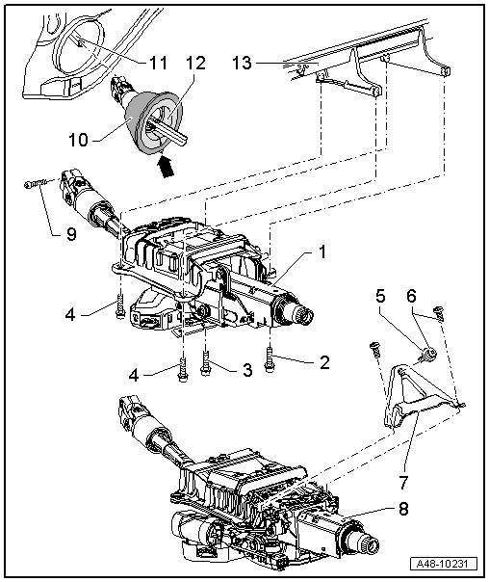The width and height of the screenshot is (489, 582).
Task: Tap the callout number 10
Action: point(80,140)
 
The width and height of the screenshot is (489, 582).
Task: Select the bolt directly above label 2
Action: point(271,353)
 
